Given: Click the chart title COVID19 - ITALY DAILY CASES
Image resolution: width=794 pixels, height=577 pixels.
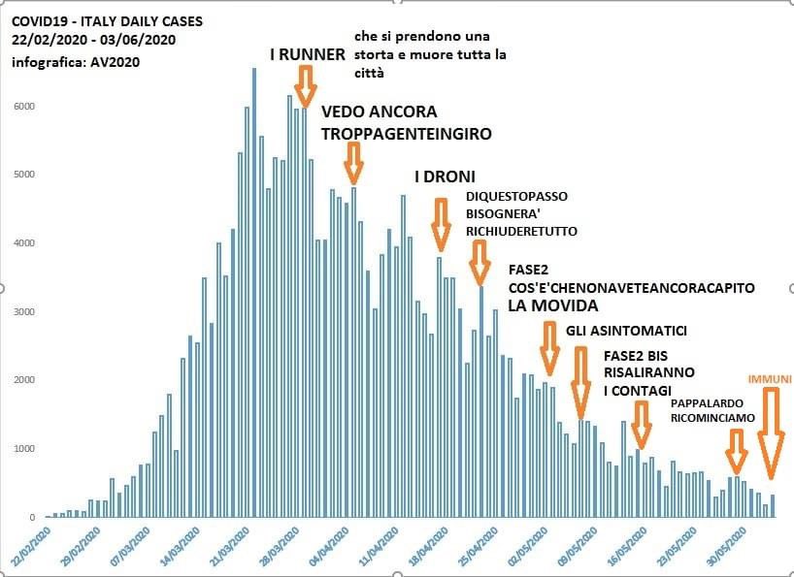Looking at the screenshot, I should tap(94, 20).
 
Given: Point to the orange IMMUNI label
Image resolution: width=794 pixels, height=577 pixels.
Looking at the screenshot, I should tap(771, 378).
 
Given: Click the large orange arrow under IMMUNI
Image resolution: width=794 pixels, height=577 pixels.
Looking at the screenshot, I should tap(771, 433).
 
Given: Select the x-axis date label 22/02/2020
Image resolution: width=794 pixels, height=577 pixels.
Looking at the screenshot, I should tap(34, 543).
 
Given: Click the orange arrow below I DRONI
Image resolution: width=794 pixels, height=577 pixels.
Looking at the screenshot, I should tap(441, 225).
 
